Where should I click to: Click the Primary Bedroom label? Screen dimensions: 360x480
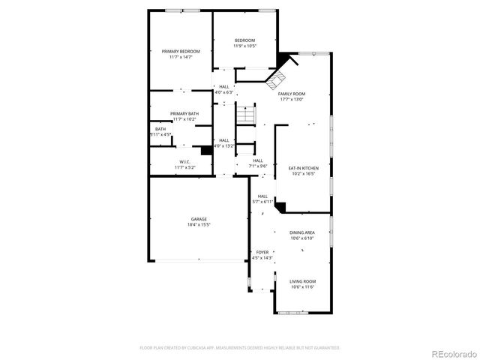point(181,52)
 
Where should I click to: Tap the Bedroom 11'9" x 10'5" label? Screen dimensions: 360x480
point(244,40)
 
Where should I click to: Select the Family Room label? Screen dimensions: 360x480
point(292,94)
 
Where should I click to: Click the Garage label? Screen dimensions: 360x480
point(198,219)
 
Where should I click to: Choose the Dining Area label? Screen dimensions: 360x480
point(302,232)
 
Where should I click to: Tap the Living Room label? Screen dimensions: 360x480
point(302,281)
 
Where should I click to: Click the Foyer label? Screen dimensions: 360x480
point(262,252)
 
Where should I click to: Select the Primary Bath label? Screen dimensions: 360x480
point(184,114)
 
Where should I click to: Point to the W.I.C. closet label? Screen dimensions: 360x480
point(184,162)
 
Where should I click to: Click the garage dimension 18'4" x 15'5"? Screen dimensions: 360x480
point(198,225)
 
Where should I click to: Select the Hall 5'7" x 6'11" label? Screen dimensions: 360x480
point(262,196)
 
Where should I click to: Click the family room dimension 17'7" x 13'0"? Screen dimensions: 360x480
point(292,100)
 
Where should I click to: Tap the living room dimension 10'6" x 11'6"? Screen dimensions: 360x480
point(302,287)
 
